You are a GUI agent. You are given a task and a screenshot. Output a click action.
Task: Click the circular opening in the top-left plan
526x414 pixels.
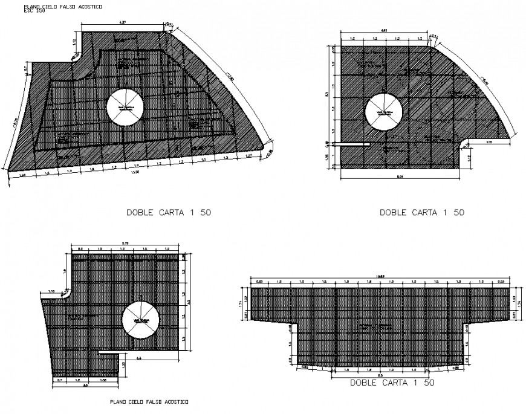click(x=125, y=108)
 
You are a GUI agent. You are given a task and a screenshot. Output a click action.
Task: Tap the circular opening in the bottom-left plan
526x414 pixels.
click(x=140, y=320)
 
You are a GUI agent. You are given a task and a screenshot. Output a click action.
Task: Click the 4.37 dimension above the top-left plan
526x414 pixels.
click(x=123, y=23)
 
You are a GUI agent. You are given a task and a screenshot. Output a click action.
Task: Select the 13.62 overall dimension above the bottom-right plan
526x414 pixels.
click(x=380, y=277)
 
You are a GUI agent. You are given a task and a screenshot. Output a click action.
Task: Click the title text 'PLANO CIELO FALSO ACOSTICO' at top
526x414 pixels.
click(x=63, y=5)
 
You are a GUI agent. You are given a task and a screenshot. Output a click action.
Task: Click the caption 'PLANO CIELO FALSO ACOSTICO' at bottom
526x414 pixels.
click(x=149, y=402)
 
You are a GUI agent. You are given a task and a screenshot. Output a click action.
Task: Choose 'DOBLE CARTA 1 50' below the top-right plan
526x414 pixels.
click(x=421, y=212)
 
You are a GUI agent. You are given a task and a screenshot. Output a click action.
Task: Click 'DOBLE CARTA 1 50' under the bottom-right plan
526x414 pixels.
click(x=392, y=383)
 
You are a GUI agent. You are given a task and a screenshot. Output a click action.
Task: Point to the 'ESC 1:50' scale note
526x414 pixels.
click(x=33, y=11)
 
